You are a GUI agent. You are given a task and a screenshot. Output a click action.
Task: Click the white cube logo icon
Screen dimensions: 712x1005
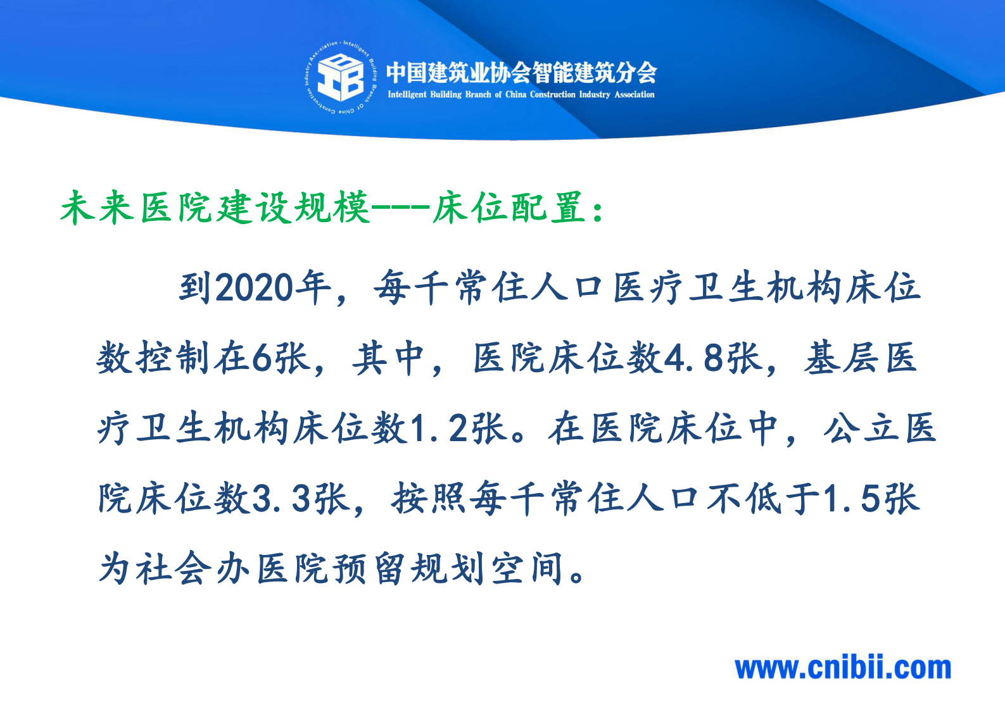[340, 77]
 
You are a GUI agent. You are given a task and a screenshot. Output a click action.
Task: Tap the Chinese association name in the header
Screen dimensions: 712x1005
[521, 73]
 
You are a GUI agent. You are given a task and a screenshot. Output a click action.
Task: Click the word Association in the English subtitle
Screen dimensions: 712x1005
[635, 95]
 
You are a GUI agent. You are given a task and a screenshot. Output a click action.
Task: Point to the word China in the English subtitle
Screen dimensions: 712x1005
[515, 95]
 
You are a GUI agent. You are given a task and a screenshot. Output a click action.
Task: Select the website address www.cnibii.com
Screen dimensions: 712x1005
[843, 668]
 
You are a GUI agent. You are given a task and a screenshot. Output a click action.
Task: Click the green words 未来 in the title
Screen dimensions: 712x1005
[98, 208]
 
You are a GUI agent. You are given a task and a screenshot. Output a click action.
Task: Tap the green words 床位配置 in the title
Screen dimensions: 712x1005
[508, 208]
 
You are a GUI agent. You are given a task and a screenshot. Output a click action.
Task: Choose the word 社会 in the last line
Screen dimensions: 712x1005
[173, 568]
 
